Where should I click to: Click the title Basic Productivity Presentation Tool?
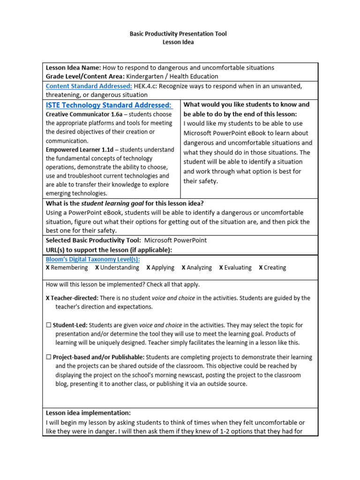coord(178,34)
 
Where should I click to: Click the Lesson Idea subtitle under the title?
coord(178,42)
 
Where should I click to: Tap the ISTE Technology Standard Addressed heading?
coord(109,105)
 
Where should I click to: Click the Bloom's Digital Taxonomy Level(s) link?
coord(92,259)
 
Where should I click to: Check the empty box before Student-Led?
coord(48,325)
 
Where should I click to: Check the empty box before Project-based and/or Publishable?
coord(48,357)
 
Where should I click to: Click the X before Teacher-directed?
coord(48,298)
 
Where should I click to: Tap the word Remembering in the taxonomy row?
coord(69,268)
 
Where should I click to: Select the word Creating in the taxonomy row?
coord(275,268)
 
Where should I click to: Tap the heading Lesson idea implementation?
coord(88,413)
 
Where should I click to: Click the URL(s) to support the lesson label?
coord(109,249)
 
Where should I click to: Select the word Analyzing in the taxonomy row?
coord(199,268)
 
